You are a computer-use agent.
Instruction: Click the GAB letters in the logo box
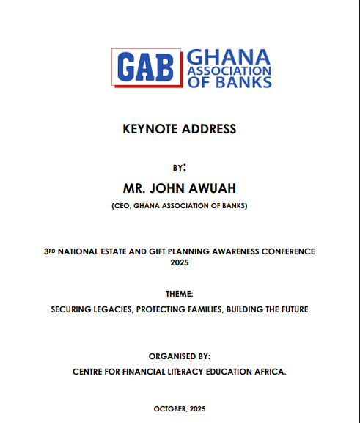click(x=144, y=67)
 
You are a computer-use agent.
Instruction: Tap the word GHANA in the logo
click(x=229, y=57)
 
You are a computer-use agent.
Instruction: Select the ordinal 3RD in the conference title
click(x=51, y=251)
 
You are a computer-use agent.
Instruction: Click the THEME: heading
click(x=180, y=294)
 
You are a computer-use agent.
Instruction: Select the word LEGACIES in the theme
click(x=106, y=309)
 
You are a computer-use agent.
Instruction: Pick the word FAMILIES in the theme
click(x=203, y=309)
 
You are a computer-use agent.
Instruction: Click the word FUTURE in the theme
click(x=292, y=309)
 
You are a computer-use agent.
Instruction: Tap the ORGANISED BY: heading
click(x=180, y=356)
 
